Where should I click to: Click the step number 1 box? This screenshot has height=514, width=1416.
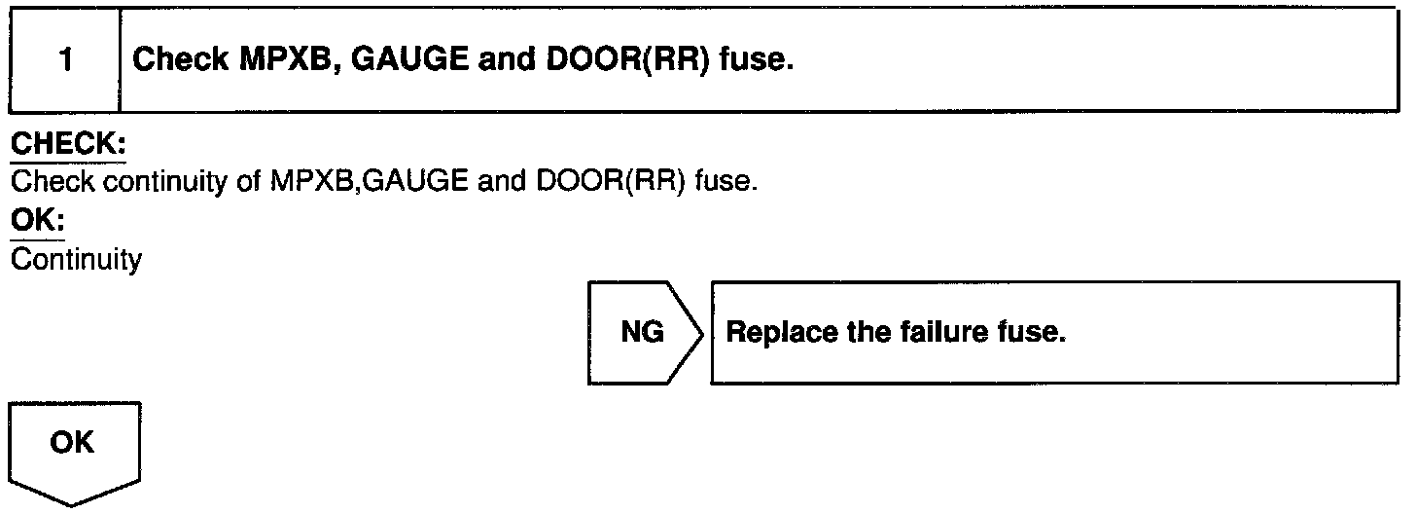[x=64, y=60]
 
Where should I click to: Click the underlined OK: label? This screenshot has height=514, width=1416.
[x=36, y=223]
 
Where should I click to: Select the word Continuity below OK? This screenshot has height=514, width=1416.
[x=75, y=260]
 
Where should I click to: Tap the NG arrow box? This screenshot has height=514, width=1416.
[x=643, y=333]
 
